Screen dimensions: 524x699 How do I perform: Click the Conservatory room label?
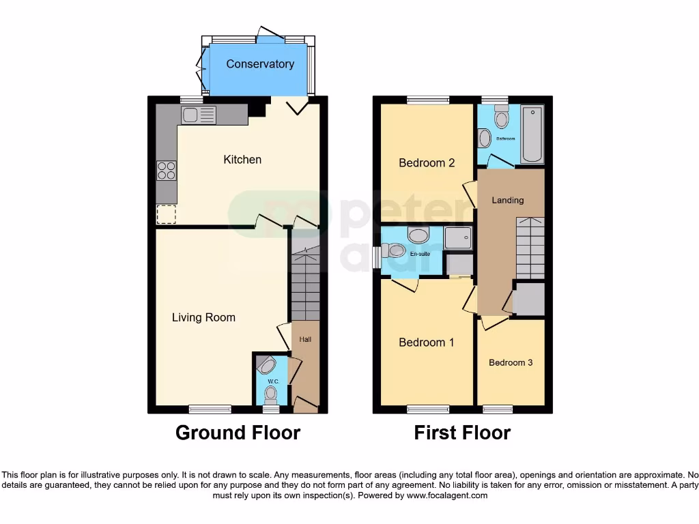[260, 64]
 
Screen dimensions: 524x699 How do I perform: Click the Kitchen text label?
[242, 160]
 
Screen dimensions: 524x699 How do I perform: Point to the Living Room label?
[203, 317]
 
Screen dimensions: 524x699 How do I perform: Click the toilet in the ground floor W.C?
[272, 393]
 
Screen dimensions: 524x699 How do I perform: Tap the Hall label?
[305, 339]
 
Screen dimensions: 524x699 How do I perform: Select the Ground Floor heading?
[238, 433]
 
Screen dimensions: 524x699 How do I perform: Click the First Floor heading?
[462, 433]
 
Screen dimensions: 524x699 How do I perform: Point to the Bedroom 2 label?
[427, 163]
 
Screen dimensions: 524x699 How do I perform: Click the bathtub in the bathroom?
[532, 134]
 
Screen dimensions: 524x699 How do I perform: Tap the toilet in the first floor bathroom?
[502, 119]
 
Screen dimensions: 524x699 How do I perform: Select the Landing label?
[508, 200]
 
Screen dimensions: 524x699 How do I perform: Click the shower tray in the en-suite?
[457, 238]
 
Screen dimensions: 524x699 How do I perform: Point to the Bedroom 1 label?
[427, 343]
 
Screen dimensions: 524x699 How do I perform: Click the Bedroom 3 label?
[511, 363]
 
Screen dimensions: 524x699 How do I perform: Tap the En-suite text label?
[418, 254]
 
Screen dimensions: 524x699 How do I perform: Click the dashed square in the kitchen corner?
[166, 215]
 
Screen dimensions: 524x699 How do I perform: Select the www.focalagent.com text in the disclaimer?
[447, 495]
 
